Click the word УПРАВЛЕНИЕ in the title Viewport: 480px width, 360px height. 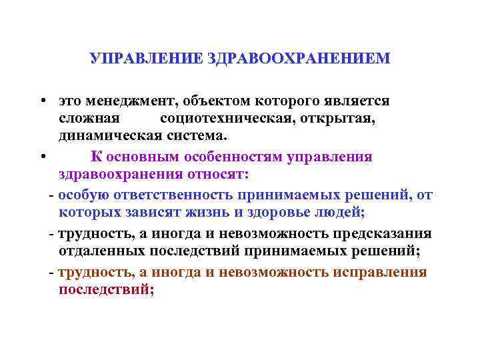click(147, 58)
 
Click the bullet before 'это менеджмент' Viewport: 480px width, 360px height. click(42, 101)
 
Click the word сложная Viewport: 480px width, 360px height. click(89, 118)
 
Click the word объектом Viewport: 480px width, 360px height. click(211, 101)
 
